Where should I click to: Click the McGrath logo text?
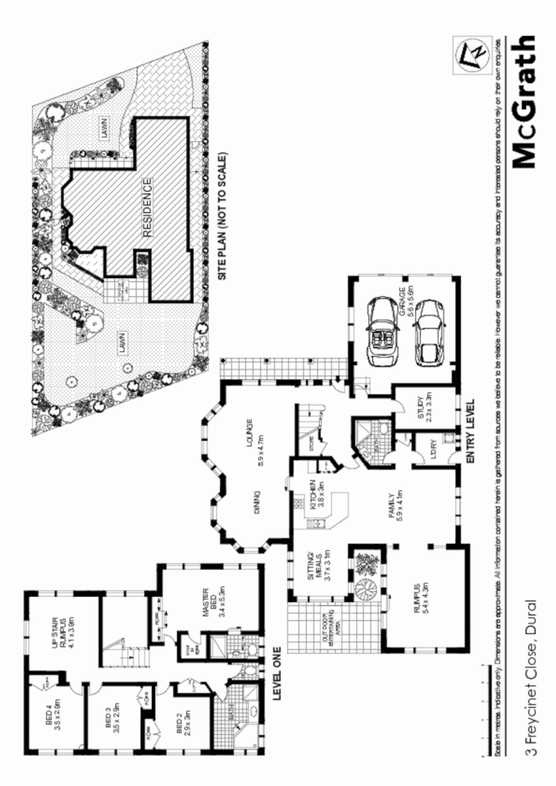point(524,101)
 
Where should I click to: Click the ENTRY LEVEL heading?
point(470,432)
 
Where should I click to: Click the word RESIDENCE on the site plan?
point(146,206)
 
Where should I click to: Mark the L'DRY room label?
point(430,450)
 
